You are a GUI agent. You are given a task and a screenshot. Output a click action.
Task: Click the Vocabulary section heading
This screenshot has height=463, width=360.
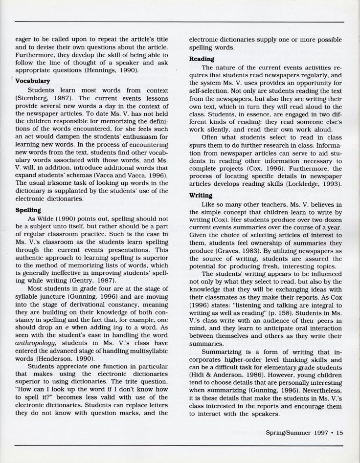click(33, 82)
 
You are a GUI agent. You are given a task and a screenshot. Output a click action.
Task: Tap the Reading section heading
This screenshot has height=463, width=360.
click(201, 58)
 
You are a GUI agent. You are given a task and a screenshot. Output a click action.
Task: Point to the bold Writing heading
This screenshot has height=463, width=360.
click(200, 195)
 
